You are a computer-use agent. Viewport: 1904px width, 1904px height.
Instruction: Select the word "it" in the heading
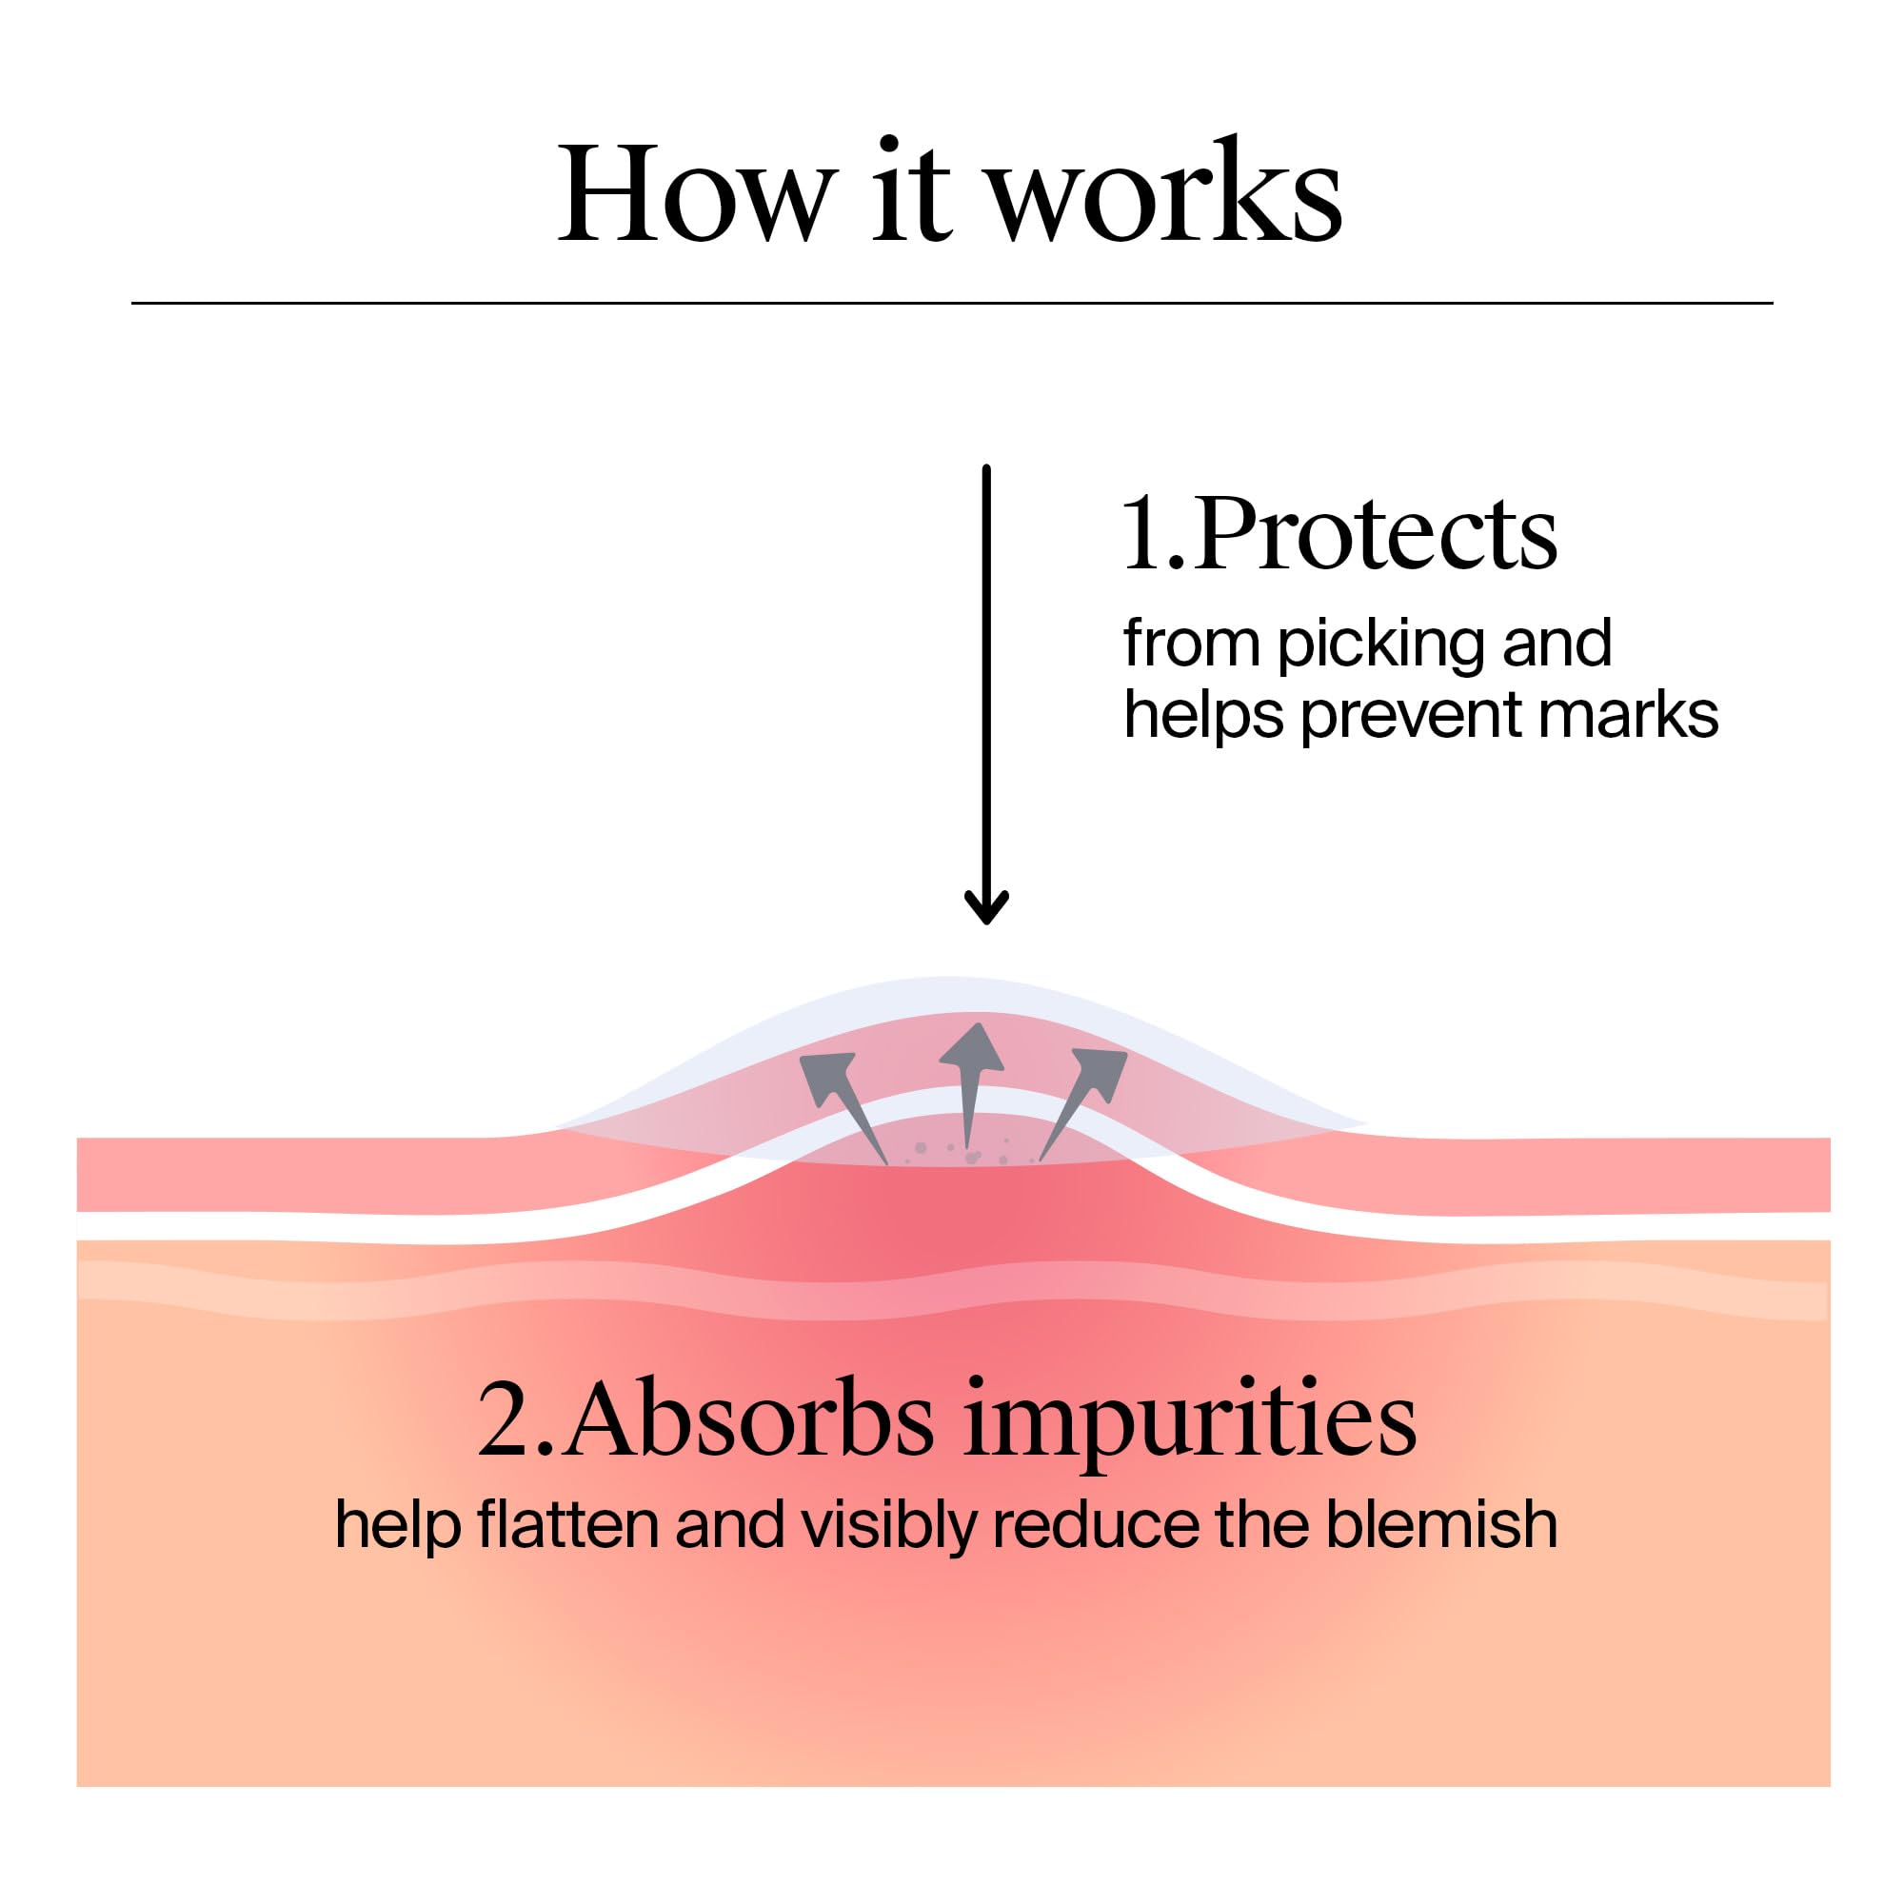[x=911, y=192]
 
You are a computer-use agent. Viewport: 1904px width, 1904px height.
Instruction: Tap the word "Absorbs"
[x=749, y=1422]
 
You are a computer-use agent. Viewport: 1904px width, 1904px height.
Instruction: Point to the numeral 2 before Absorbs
[x=506, y=1422]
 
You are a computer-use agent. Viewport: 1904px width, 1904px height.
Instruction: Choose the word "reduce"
[x=1095, y=1524]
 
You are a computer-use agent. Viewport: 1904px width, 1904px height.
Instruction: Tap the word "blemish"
[x=1440, y=1524]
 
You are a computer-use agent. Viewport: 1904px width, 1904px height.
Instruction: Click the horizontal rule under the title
[x=952, y=304]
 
